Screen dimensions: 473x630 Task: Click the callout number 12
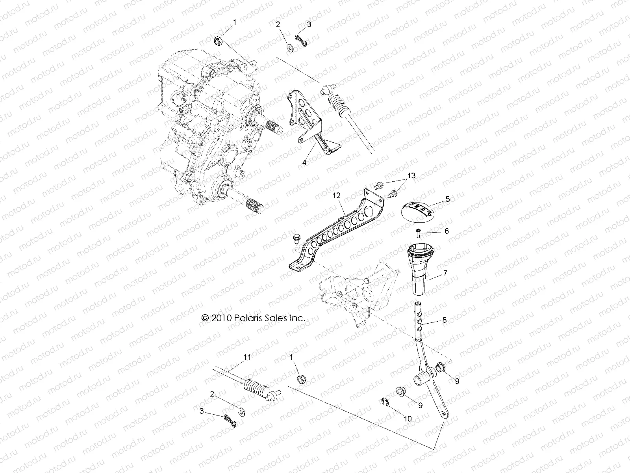coord(336,196)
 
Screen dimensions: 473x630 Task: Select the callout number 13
coord(411,176)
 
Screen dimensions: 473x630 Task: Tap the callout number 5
coord(448,199)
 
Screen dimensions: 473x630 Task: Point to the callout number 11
coord(247,358)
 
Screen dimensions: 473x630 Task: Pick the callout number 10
coord(408,419)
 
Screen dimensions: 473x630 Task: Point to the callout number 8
coord(445,320)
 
